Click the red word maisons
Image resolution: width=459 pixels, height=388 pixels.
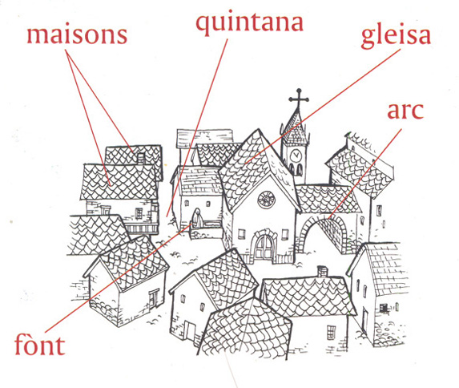point(77,35)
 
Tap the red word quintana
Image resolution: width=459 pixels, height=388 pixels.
point(249,23)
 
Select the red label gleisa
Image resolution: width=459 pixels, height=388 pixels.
point(396,36)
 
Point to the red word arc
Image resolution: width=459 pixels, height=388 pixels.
point(405,111)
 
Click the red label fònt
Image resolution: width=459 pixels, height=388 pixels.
point(39,345)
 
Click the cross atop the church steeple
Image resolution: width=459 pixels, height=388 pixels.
point(299,99)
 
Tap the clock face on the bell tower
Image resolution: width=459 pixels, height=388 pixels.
point(296,155)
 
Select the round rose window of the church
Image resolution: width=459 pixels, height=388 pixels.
point(266,200)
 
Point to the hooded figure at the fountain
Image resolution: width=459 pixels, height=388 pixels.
point(197,218)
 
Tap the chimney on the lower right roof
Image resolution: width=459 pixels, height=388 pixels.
point(322,272)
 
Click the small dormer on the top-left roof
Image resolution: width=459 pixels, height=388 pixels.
point(141,158)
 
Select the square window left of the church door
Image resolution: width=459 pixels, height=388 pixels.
point(241,234)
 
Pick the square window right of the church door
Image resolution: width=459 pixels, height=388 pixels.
point(285,235)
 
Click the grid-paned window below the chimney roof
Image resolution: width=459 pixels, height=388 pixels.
point(331,332)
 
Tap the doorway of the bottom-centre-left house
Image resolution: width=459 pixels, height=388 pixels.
point(191,333)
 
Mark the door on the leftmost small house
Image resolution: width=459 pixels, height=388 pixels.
point(154,299)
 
